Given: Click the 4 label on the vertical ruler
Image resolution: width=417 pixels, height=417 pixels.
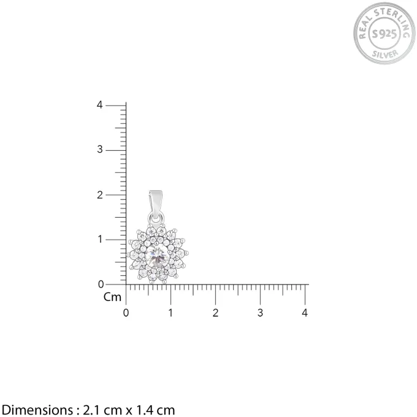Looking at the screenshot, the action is click(99, 105).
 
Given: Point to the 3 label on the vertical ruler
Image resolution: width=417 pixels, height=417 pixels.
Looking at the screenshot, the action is click(100, 150).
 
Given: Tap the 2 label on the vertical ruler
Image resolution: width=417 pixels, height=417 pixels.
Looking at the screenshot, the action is click(100, 195).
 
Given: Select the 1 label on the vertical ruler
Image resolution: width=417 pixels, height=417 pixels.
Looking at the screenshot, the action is click(100, 239).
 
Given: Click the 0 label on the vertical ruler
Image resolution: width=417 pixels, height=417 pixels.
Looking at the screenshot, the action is click(101, 285).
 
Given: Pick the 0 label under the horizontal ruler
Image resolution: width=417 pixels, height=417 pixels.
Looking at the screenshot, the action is click(126, 313).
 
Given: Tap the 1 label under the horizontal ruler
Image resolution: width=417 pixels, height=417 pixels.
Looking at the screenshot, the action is click(170, 313).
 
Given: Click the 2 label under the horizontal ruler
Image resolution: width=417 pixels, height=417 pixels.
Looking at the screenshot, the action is click(215, 313).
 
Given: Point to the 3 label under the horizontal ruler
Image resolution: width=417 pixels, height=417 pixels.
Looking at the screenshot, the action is click(260, 313).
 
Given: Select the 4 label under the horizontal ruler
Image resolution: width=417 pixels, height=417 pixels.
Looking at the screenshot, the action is click(305, 313).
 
